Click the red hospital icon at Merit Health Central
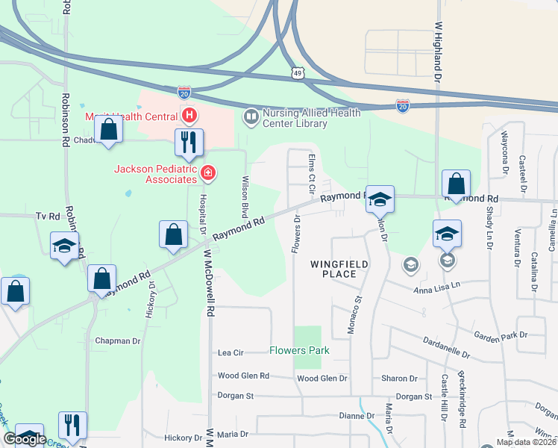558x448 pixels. (189, 116)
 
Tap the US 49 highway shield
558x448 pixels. (298, 73)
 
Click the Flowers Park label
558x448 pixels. (299, 350)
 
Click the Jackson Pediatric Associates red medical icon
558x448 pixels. (208, 174)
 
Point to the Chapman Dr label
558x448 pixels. (118, 340)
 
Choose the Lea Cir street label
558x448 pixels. (231, 352)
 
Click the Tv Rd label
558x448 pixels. (47, 216)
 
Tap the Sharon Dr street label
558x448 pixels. (399, 379)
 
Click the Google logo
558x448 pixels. (25, 439)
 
